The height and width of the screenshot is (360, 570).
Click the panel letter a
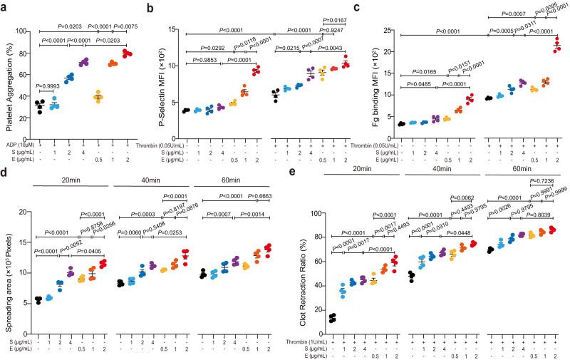[5, 6]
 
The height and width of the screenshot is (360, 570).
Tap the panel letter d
[5, 173]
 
